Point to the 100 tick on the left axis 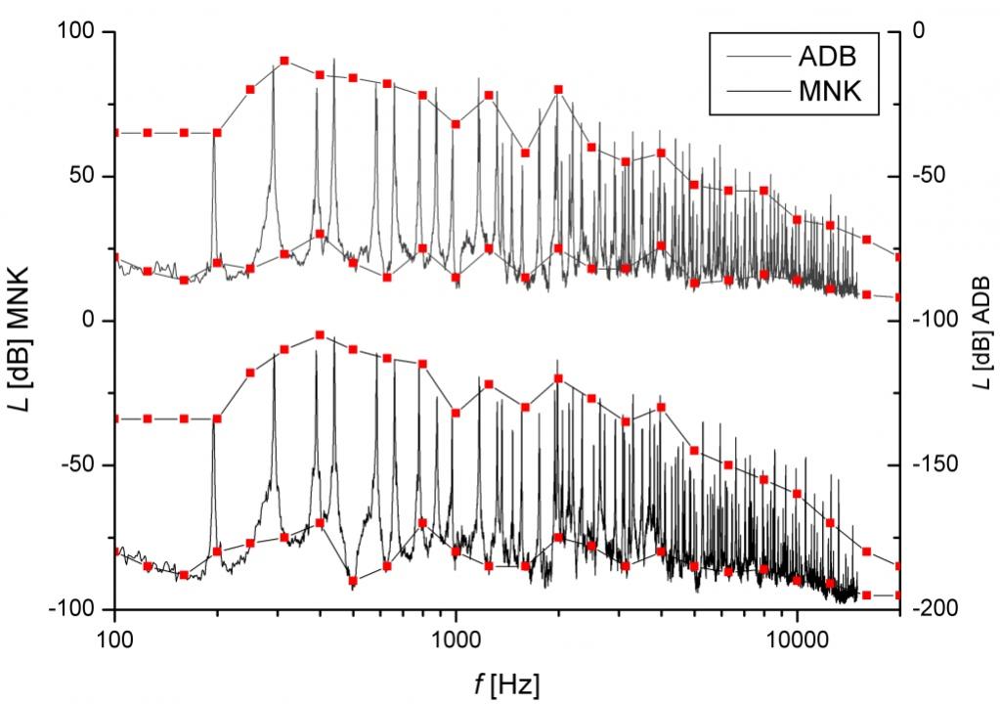click(83, 32)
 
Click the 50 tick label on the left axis click(89, 177)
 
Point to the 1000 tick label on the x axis click(456, 637)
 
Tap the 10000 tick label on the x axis click(797, 637)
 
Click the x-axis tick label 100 click(115, 637)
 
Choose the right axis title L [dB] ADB click(981, 321)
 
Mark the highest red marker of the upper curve click(284, 61)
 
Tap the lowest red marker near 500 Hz click(353, 581)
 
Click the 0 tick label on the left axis click(97, 321)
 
